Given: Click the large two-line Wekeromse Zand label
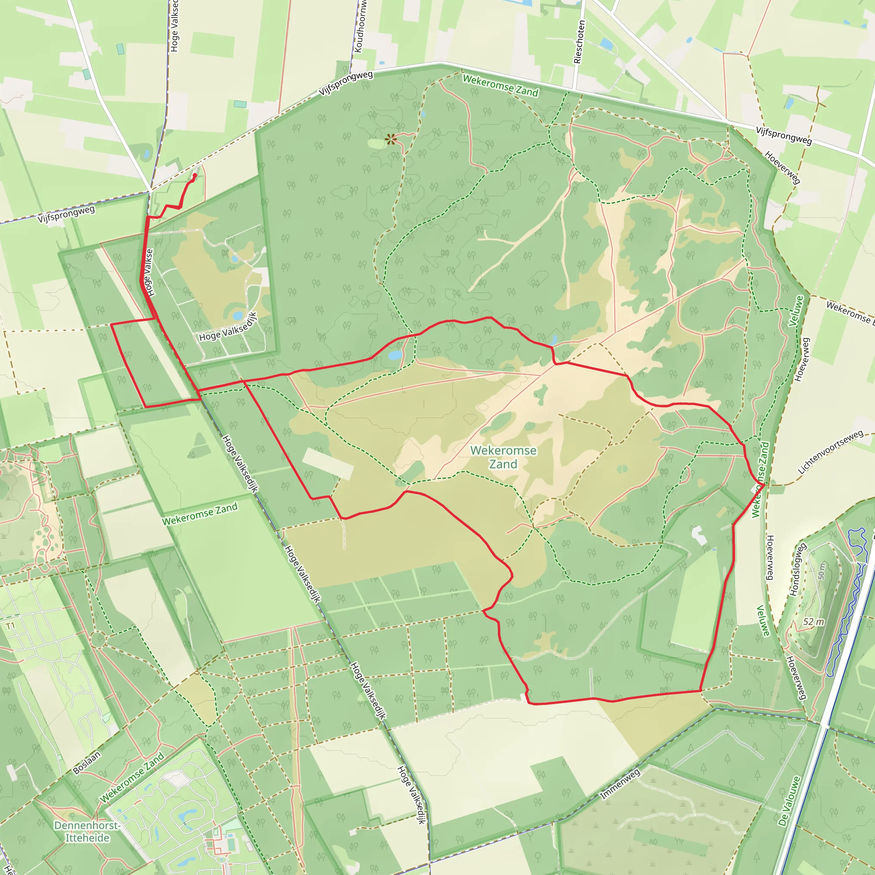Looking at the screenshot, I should coord(503,457).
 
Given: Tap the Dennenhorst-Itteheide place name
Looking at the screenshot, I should coord(87,831).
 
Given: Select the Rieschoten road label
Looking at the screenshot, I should coord(579,42).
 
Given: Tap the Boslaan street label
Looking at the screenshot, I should coord(86,763).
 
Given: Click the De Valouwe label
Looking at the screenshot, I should coord(789,801).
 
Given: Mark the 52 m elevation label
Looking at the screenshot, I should coord(813,622).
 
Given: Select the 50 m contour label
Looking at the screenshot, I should coord(822,571).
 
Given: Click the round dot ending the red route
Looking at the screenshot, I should coord(195,175).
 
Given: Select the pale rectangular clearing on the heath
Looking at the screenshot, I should coord(327,463).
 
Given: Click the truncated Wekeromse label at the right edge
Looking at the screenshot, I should coord(850,312).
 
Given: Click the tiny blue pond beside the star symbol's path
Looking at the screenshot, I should coord(423,114).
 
